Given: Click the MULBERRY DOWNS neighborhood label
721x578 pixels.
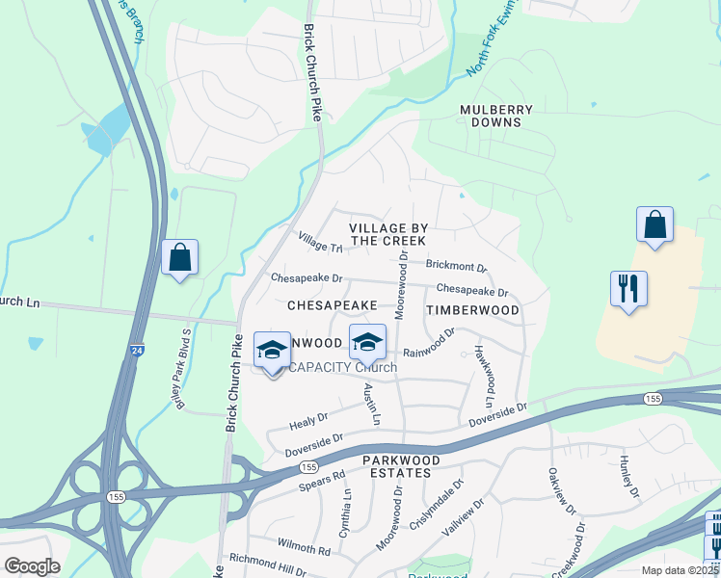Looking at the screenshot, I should click(x=490, y=116).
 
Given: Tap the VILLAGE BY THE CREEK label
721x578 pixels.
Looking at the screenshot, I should click(x=388, y=234).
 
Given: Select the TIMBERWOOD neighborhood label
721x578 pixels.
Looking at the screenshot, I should click(x=472, y=310).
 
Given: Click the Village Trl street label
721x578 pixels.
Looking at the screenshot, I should click(x=320, y=242).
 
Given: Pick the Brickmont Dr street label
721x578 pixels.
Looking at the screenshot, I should click(x=456, y=266).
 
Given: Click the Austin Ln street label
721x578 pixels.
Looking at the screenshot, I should click(x=373, y=405).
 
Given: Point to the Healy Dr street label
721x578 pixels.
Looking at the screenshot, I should click(x=309, y=421).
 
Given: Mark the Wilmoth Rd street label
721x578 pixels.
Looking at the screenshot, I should click(x=305, y=546).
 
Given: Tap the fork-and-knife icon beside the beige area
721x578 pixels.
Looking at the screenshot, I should click(x=628, y=288).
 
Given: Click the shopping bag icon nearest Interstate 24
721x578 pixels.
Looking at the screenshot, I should click(x=179, y=257).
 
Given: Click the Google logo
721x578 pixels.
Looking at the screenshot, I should click(x=33, y=566).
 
